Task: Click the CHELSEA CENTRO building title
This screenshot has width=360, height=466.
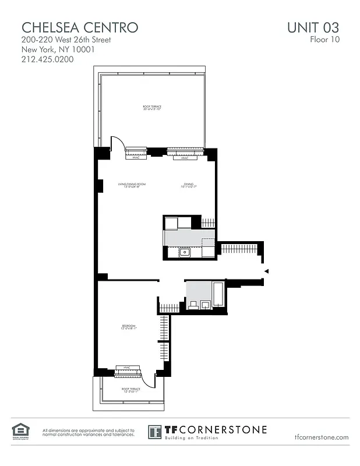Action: (80, 27)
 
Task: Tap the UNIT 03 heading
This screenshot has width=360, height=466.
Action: (312, 27)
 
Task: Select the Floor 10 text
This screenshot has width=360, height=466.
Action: (324, 40)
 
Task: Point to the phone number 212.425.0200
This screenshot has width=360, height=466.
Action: (48, 59)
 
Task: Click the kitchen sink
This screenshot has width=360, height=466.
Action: (185, 252)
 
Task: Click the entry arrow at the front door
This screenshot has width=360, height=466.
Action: (266, 271)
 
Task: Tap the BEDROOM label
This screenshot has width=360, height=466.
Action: (128, 326)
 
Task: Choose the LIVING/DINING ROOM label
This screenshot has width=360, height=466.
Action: (131, 185)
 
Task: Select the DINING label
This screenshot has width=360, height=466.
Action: (189, 185)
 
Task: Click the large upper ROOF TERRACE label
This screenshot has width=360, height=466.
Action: (151, 108)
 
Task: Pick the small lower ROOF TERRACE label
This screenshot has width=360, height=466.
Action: (129, 389)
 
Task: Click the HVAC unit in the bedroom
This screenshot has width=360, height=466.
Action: (128, 369)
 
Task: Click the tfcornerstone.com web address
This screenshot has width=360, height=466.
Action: (322, 437)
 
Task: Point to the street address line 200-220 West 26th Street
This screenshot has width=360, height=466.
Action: (66, 40)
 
